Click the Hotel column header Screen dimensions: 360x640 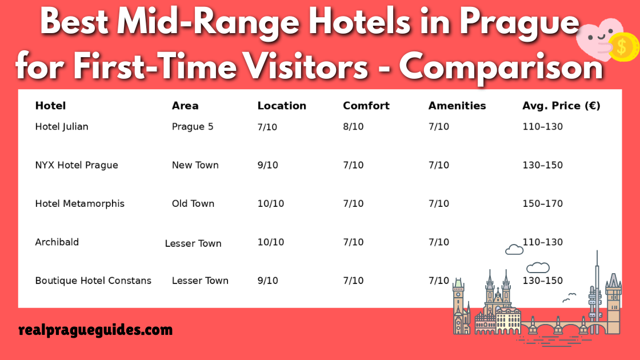(x=50, y=106)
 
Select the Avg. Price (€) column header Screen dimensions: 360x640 (x=561, y=106)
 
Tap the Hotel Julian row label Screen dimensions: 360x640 (x=62, y=126)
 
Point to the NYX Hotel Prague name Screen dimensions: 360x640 (x=77, y=165)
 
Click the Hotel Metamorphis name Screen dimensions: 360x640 (x=79, y=203)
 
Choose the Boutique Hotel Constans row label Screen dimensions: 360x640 (x=93, y=281)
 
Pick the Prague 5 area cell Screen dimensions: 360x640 (x=193, y=126)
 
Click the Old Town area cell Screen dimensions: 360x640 (x=193, y=203)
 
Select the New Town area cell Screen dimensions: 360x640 (x=195, y=165)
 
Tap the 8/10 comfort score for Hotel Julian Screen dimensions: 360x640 (x=353, y=127)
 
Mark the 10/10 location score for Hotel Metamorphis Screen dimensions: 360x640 (x=270, y=203)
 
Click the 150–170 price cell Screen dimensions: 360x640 (x=542, y=203)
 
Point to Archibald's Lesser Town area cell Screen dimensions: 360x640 (x=193, y=243)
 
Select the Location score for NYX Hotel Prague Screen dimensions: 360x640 (x=267, y=165)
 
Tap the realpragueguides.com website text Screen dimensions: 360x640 (x=95, y=330)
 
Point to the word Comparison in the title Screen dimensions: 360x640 (x=501, y=67)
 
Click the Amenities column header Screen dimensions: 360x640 (x=457, y=106)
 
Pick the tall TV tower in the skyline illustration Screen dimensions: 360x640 (x=596, y=289)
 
